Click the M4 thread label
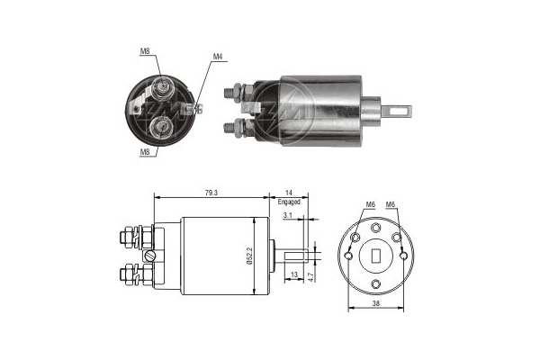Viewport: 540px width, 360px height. [217, 58]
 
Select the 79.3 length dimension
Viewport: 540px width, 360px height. [211, 192]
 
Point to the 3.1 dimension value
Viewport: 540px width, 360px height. [285, 216]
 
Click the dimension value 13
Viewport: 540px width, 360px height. [295, 275]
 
